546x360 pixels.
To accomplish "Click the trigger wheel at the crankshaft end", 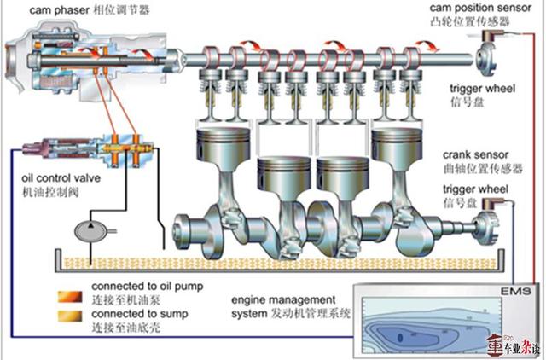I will click(491, 224).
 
